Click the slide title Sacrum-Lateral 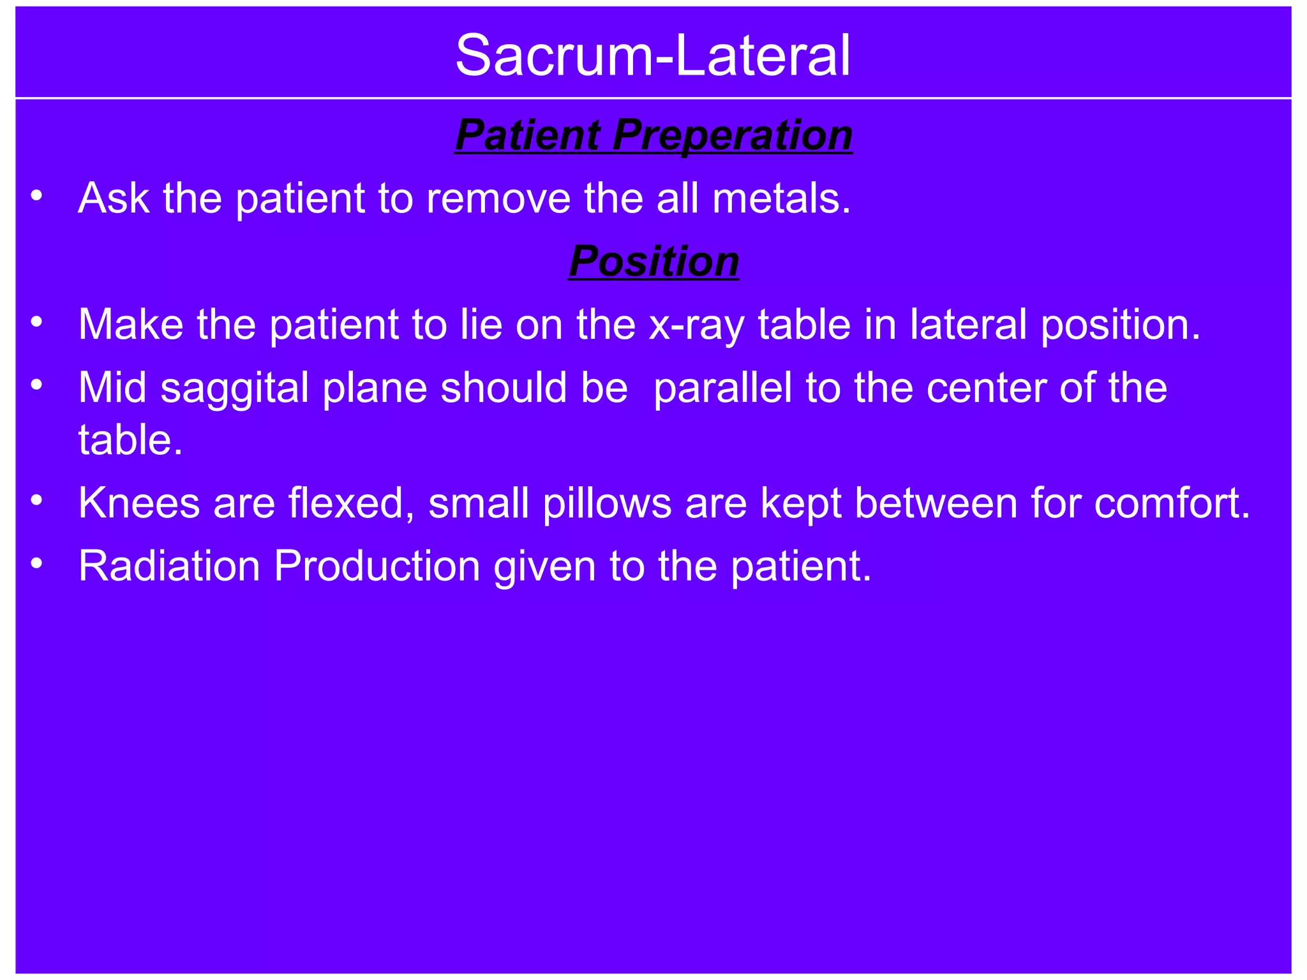(653, 56)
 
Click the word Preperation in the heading (732, 135)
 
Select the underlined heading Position (653, 262)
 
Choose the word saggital (234, 389)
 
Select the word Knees (139, 503)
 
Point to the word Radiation (169, 567)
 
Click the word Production (377, 567)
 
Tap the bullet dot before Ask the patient (36, 195)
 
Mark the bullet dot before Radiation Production (36, 563)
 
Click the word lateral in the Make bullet (968, 325)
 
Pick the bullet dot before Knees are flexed (36, 500)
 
